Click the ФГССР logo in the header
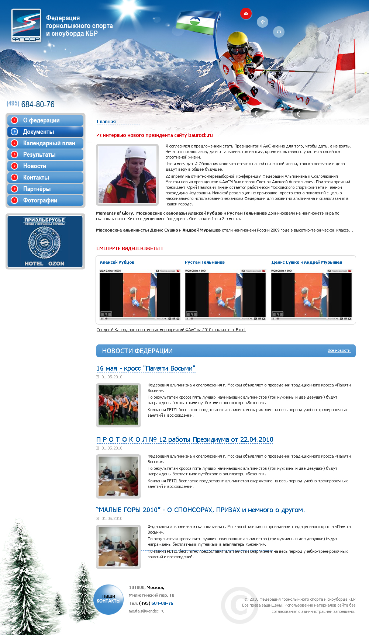[26, 25]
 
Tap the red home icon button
[246, 14]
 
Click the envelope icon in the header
[279, 32]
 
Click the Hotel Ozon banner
[45, 241]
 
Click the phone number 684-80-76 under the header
[38, 104]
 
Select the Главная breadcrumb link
[106, 122]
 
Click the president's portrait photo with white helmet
[127, 174]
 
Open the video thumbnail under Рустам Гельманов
[225, 295]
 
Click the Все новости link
[339, 350]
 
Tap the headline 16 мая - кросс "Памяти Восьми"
[145, 368]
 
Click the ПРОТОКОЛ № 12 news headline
[184, 440]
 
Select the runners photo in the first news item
[118, 405]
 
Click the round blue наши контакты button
[108, 599]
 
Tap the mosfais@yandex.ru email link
[146, 611]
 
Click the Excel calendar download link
[171, 330]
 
